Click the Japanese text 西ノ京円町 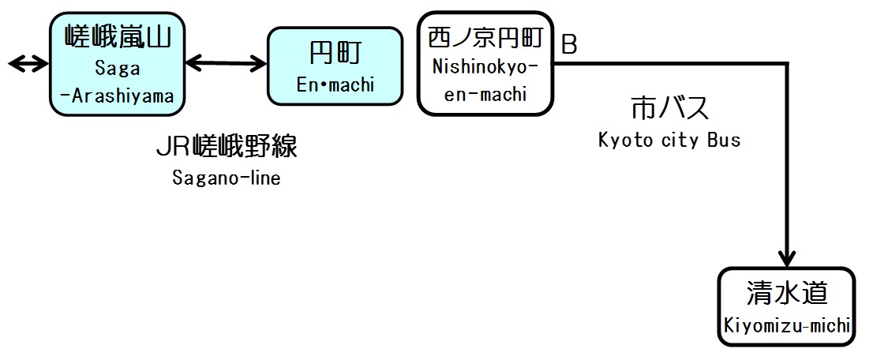[485, 36]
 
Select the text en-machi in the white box [485, 94]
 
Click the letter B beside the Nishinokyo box [568, 45]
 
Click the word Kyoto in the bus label [623, 141]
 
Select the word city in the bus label [676, 141]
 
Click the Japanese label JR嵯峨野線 [227, 148]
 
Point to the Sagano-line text [227, 178]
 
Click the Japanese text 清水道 [787, 293]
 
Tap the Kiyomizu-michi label [787, 324]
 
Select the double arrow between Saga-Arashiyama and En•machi [225, 62]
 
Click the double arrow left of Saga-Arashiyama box [28, 63]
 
